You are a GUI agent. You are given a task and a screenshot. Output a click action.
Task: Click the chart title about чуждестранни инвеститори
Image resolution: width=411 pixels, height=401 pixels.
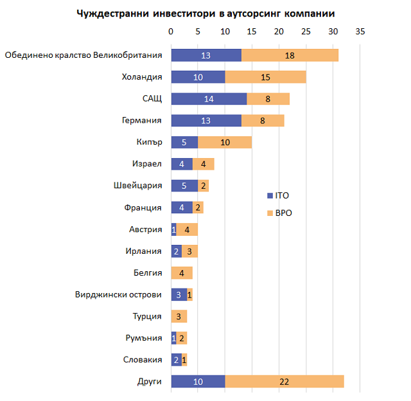pyautogui.click(x=205, y=13)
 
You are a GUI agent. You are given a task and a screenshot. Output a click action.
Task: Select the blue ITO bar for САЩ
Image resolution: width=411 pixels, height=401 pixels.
pyautogui.click(x=209, y=98)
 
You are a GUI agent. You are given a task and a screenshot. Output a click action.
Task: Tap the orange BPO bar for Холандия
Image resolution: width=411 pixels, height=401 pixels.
pyautogui.click(x=265, y=77)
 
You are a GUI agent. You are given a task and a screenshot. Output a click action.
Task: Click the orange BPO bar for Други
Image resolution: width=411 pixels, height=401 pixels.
pyautogui.click(x=284, y=382)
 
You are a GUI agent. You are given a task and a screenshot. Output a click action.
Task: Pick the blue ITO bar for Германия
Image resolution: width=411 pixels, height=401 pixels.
pyautogui.click(x=206, y=120)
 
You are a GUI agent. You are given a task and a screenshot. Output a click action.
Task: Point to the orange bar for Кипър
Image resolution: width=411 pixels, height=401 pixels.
pyautogui.click(x=225, y=142)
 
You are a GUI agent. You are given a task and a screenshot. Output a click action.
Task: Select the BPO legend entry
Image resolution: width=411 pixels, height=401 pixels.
pyautogui.click(x=281, y=213)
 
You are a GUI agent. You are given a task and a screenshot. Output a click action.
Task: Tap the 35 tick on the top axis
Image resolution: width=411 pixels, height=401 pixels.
pyautogui.click(x=360, y=31)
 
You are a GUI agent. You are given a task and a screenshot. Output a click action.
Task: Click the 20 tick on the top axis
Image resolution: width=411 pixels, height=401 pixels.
pyautogui.click(x=279, y=31)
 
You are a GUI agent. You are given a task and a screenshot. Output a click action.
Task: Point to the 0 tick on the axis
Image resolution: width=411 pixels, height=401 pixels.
pyautogui.click(x=171, y=31)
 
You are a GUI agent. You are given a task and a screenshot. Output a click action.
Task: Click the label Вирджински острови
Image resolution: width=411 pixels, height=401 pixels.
pyautogui.click(x=119, y=295)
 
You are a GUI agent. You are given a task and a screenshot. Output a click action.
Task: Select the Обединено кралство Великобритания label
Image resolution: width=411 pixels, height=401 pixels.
pyautogui.click(x=83, y=55)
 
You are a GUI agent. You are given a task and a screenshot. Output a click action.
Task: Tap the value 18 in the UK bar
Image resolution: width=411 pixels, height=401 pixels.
pyautogui.click(x=290, y=55)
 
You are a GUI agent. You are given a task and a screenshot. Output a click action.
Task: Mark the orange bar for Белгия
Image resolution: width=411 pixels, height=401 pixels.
pyautogui.click(x=182, y=273)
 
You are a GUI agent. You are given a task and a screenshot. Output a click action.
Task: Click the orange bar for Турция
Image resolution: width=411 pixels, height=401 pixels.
pyautogui.click(x=179, y=316)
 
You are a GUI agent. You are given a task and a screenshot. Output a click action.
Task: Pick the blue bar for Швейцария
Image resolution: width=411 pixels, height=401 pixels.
pyautogui.click(x=184, y=186)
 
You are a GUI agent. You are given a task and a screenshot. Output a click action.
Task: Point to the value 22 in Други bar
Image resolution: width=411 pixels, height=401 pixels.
pyautogui.click(x=284, y=382)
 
